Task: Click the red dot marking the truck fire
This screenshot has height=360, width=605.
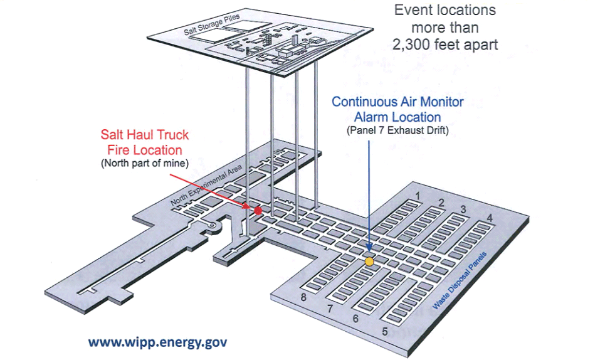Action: point(258,210)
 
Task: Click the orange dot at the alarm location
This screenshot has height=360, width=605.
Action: point(369,260)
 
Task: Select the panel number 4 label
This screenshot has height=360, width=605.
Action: point(490,218)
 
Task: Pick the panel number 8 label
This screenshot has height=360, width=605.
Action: point(304,297)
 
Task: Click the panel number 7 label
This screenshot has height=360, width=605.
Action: point(330,309)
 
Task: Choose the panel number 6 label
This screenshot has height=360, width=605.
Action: point(355,319)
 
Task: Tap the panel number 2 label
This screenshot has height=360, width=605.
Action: point(441,203)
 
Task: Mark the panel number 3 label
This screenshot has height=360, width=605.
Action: point(463,209)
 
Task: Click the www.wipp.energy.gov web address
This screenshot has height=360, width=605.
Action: point(157,342)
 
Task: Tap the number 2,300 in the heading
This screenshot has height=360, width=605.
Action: point(418,45)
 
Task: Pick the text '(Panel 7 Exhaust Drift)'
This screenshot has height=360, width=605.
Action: point(397,130)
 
